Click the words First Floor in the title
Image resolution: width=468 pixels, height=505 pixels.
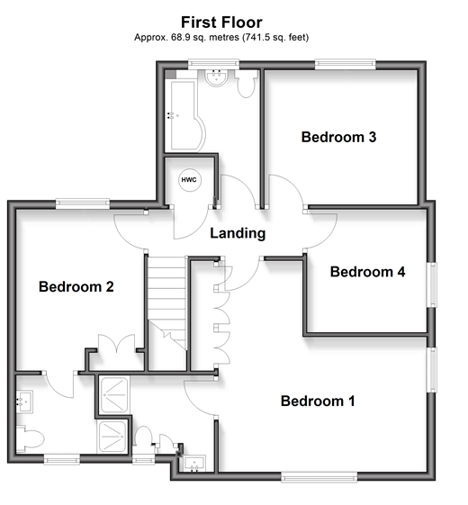point(221,23)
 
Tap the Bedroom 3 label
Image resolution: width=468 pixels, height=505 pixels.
point(338,137)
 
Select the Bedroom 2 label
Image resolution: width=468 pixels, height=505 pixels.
point(76,286)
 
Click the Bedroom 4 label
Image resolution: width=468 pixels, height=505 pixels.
point(367,272)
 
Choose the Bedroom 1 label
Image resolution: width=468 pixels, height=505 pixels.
point(318,401)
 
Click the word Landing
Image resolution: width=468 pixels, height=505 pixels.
point(238,233)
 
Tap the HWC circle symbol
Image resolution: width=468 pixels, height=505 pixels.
point(189,180)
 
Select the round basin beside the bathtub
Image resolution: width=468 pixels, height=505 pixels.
point(216,77)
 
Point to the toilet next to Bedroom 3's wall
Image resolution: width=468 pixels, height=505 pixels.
point(247,84)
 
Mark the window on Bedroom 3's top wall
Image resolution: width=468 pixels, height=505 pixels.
point(345,65)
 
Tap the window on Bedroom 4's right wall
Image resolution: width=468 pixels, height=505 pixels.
point(432,284)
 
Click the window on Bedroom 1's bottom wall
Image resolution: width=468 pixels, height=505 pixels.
point(319,477)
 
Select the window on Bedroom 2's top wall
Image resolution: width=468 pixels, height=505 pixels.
point(83,204)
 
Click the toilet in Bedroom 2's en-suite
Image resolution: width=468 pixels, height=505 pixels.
point(31,438)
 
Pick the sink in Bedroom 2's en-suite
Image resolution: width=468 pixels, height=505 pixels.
point(24,401)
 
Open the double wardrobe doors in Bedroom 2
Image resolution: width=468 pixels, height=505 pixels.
point(116,344)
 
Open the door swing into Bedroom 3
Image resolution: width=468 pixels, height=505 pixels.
point(286,191)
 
